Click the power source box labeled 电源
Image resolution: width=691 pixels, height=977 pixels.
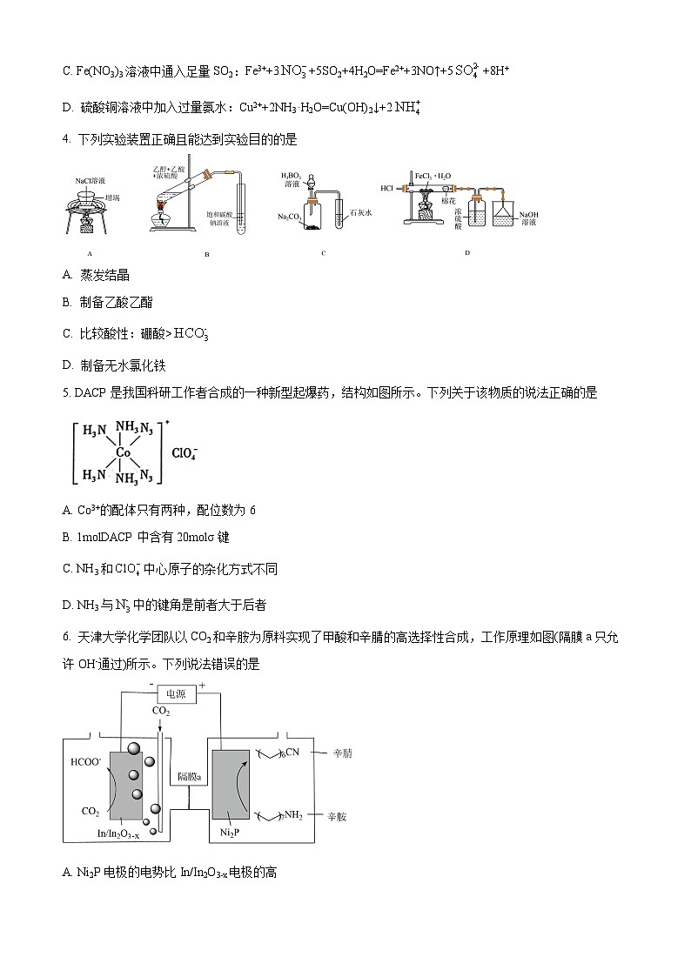[x=176, y=693]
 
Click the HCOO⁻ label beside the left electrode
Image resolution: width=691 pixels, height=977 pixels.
[x=86, y=762]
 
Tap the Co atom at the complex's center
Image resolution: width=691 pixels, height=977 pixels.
[x=124, y=452]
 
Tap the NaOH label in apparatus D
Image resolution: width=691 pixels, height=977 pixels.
[x=530, y=214]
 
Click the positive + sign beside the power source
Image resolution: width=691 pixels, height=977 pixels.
[x=203, y=686]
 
